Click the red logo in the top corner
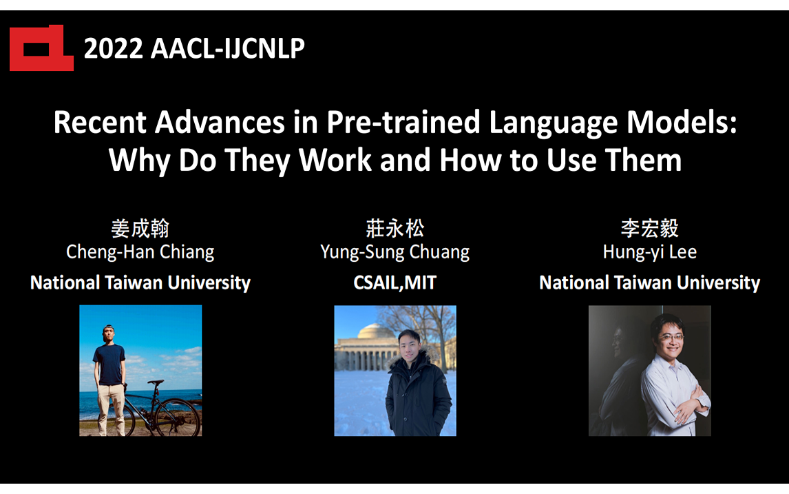pyautogui.click(x=41, y=48)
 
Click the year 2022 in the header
pyautogui.click(x=113, y=48)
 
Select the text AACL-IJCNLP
pyautogui.click(x=227, y=48)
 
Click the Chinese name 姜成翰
pyautogui.click(x=140, y=229)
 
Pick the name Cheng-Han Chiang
pyautogui.click(x=140, y=252)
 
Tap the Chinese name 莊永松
pyautogui.click(x=394, y=229)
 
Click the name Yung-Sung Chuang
pyautogui.click(x=394, y=252)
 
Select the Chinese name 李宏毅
pyautogui.click(x=649, y=229)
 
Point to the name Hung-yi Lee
pyautogui.click(x=649, y=252)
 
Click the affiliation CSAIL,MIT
pyautogui.click(x=394, y=282)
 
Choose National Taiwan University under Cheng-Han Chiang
pyautogui.click(x=140, y=282)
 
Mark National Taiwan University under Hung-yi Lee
pyautogui.click(x=649, y=282)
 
